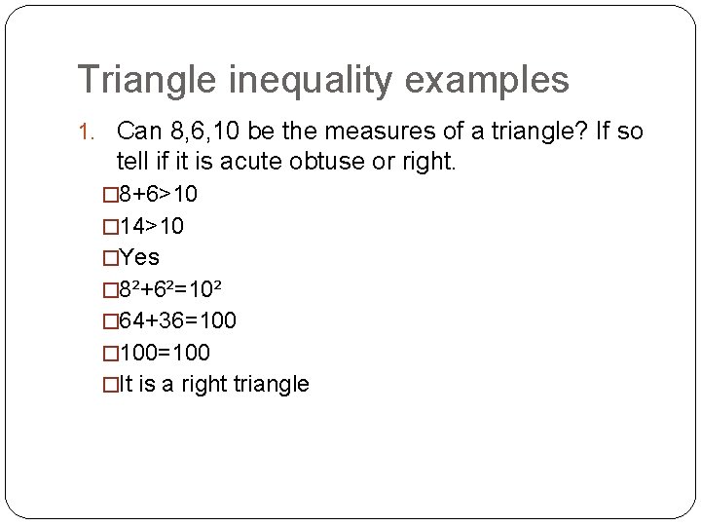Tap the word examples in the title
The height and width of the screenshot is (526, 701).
tap(499, 80)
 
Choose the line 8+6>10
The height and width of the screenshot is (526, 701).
tap(158, 195)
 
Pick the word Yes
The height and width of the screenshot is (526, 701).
tap(138, 258)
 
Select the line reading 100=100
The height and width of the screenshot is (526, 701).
tap(164, 352)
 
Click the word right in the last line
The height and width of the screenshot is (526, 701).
tap(203, 384)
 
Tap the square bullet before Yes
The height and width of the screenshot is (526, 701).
tap(109, 258)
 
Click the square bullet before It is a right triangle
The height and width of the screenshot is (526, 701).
tap(109, 384)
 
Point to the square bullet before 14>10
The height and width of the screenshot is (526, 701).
tap(109, 226)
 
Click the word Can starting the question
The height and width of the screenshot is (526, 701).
tap(136, 131)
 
